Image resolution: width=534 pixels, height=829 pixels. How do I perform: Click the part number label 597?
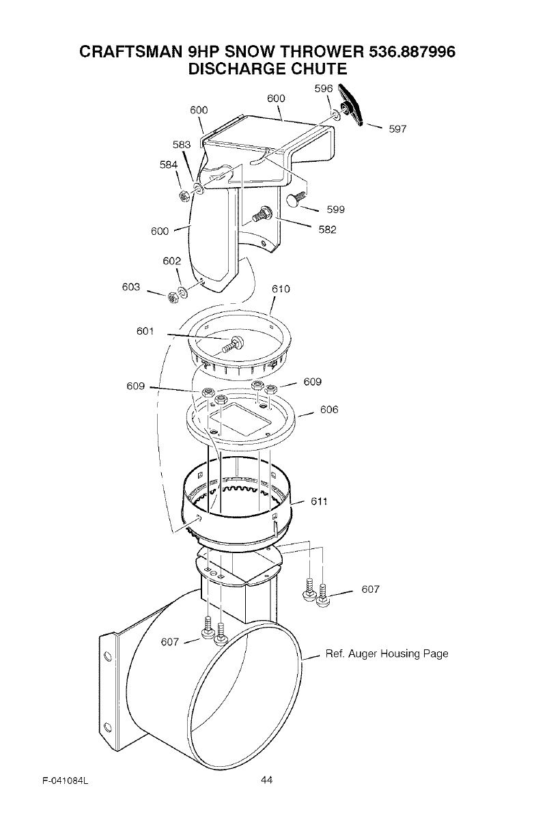coord(397,129)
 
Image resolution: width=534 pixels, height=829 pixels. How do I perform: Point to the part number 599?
coord(335,210)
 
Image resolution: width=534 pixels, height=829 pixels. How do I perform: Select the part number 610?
coord(281,289)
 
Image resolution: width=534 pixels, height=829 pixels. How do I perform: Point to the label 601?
coord(146,331)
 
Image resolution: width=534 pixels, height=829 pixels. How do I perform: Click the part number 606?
coord(329,410)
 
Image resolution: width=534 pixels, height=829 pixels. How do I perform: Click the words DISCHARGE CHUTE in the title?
coord(267,69)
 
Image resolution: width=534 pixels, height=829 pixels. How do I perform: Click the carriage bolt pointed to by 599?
coord(294,199)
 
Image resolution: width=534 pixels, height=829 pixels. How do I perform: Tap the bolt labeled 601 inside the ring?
coord(235,343)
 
